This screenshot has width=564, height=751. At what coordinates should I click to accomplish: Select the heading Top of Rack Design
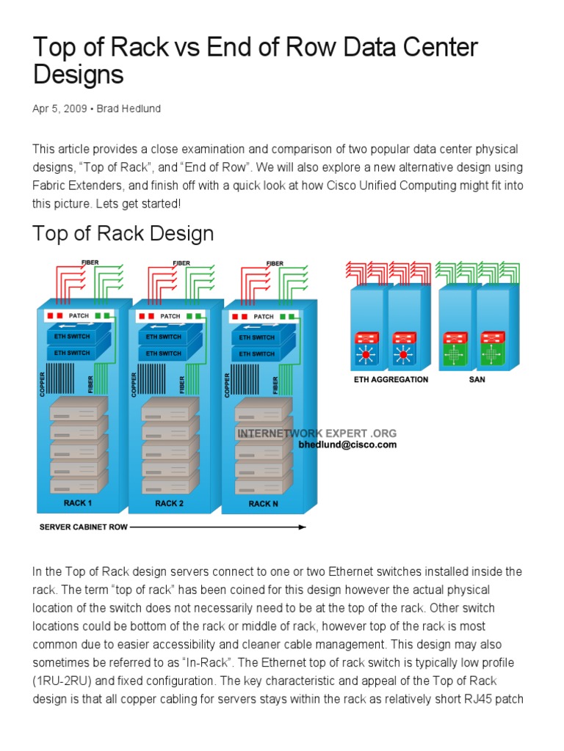123,234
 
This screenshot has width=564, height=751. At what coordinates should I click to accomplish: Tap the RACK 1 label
77,503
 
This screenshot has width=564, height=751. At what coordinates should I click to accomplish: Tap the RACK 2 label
169,503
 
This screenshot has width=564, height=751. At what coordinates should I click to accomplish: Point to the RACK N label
263,504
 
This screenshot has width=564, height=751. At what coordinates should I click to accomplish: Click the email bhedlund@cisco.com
347,444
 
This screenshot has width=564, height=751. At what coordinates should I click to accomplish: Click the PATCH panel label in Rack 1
79,316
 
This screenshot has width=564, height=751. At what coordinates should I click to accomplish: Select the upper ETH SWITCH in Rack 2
163,337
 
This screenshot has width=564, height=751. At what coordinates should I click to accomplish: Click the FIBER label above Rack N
275,263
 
